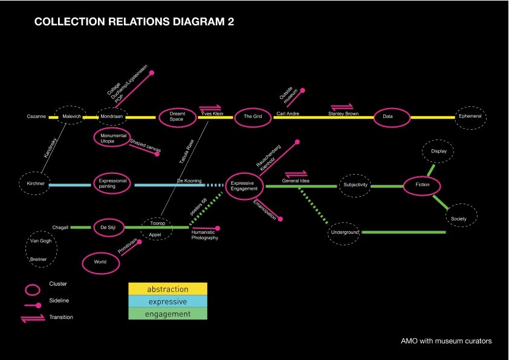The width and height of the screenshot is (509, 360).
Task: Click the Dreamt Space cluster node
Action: pos(176,117)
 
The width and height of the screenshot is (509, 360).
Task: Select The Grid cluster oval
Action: pos(251,117)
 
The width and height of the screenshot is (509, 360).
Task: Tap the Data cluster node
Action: pos(388,117)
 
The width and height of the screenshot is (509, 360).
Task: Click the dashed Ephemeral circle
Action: pos(470,117)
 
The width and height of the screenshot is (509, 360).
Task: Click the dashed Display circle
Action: pos(438,152)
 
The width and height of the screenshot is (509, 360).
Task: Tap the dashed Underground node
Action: pos(345,232)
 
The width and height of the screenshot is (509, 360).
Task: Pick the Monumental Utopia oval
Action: pos(112,137)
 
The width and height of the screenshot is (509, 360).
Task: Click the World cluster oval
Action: pos(100,262)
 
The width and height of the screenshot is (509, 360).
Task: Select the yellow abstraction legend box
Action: pos(168,289)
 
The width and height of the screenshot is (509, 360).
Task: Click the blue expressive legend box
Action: pos(168,301)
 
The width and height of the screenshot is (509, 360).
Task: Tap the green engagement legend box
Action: pos(168,314)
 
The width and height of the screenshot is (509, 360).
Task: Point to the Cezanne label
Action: pos(36,117)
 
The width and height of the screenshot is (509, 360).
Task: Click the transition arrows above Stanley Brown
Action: pos(342,106)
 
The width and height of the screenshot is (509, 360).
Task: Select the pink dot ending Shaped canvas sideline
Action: pos(157,154)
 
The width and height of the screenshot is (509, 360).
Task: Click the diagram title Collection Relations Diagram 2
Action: pos(134,22)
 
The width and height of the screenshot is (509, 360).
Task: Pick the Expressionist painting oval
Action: pos(112,184)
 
